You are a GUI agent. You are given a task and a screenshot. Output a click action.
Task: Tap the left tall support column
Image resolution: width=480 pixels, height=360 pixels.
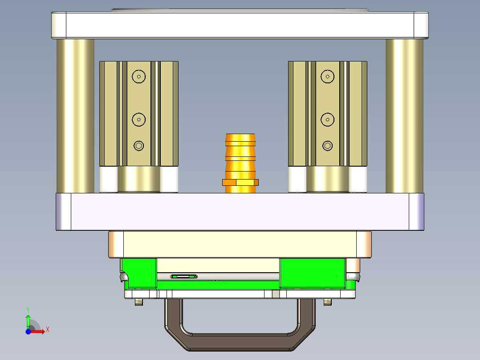point(75,116)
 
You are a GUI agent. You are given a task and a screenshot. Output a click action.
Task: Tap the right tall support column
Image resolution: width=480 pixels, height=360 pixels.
point(404,116)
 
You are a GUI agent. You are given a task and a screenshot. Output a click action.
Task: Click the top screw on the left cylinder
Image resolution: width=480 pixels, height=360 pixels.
point(139,77)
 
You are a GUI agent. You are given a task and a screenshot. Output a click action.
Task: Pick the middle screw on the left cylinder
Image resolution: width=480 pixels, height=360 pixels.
point(139,119)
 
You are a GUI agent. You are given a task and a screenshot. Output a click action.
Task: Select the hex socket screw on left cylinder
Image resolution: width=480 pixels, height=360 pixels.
point(139,146)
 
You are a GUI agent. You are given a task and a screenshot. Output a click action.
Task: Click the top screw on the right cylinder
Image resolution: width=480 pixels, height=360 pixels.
point(328,77)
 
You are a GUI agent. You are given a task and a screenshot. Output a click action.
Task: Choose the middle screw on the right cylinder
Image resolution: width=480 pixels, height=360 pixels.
point(328,119)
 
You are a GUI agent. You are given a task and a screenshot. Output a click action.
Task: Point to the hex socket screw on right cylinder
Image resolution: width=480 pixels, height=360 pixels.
point(328,146)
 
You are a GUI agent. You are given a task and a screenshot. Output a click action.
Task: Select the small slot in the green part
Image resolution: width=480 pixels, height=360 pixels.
point(184,277)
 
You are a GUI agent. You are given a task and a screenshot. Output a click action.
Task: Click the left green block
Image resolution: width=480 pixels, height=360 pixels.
point(139,272)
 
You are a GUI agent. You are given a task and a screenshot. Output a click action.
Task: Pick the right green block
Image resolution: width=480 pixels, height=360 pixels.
point(312,272)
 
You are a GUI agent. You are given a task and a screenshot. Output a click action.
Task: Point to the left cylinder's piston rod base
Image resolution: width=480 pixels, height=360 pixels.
point(139,180)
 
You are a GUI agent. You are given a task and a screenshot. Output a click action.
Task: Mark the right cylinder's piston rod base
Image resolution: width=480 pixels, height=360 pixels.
point(328,180)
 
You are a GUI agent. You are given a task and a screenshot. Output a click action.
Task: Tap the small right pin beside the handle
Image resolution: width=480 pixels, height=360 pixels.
point(328,302)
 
